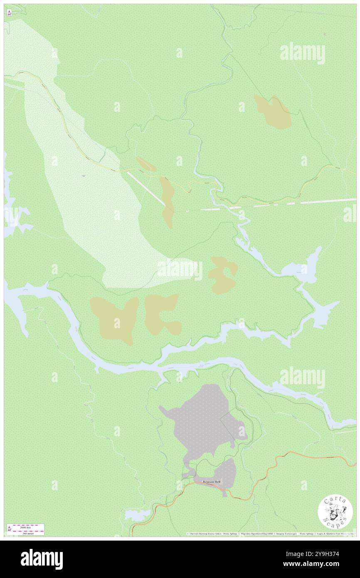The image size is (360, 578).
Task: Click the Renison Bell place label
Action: coord(212,482)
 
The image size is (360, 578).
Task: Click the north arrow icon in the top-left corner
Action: coord(9,12)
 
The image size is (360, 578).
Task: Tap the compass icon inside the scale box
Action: coord(9,529)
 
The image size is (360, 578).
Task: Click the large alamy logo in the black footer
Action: coord(42,559)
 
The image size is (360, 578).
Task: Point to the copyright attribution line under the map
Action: coord(270,534)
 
